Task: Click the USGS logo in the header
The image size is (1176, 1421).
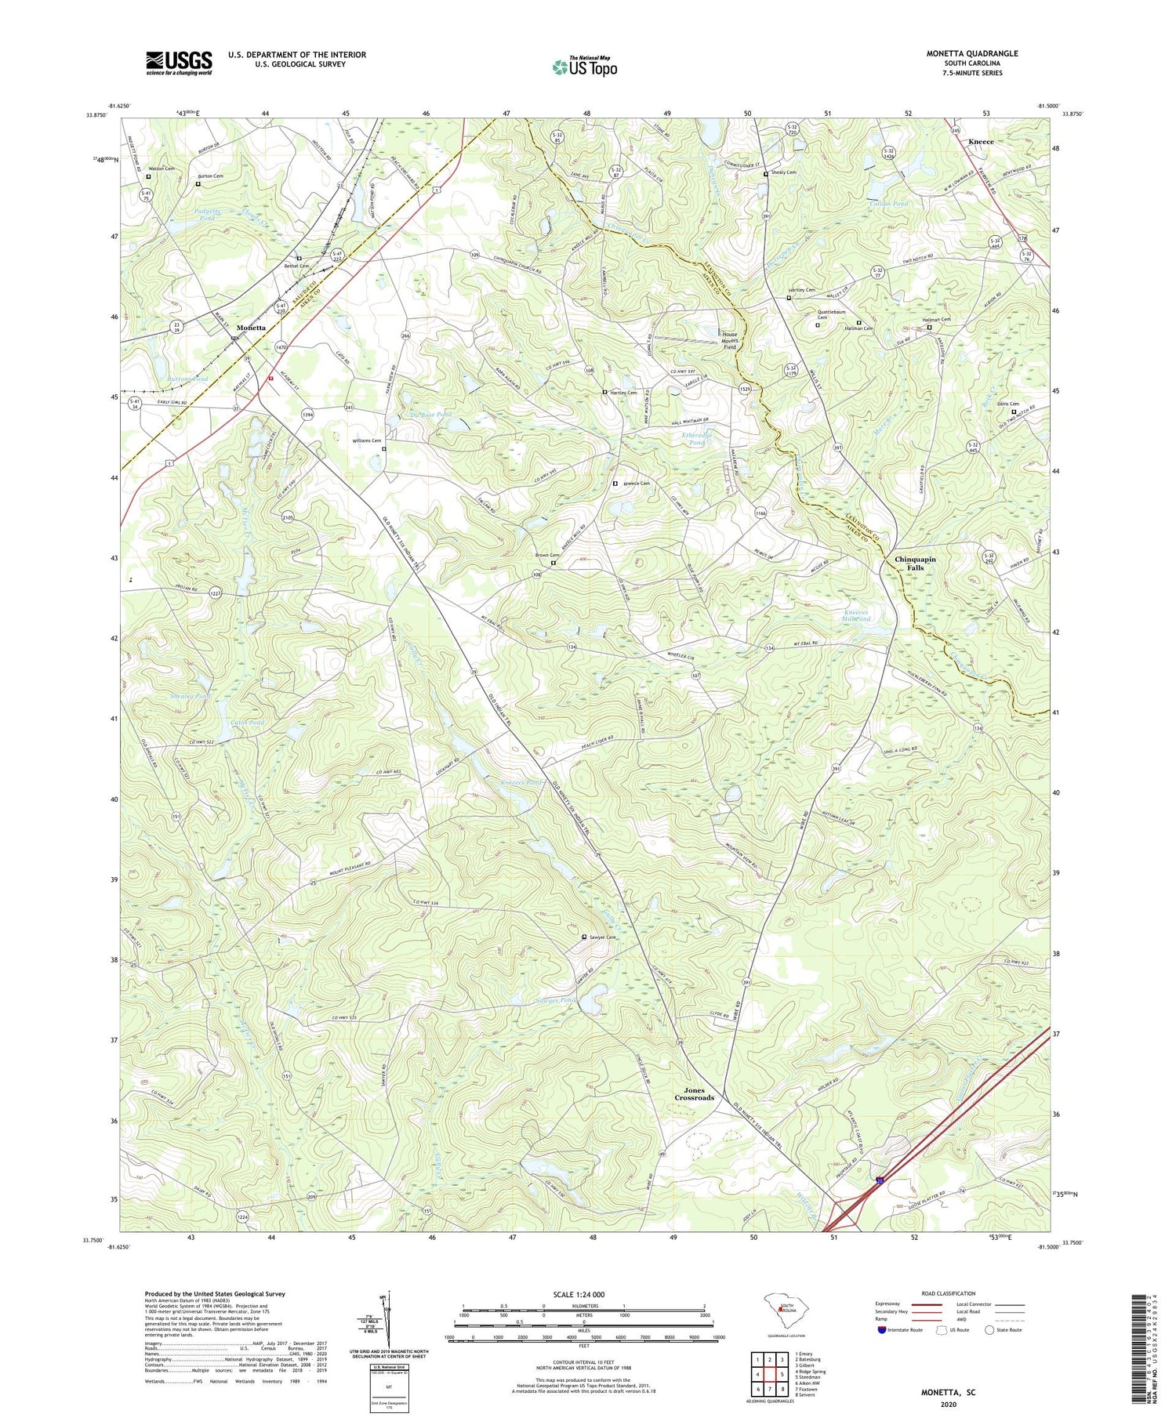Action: pos(179,63)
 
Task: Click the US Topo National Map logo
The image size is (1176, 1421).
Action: pos(585,67)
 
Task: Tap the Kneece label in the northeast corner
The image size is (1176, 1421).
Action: pos(981,142)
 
